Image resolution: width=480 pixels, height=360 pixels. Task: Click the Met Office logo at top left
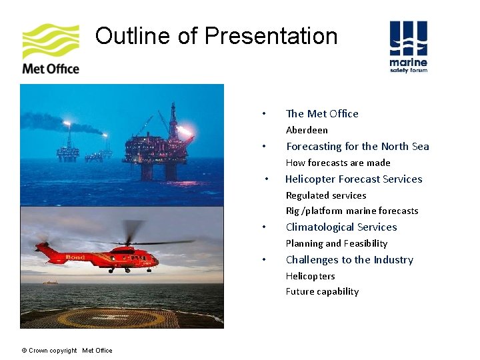point(51,49)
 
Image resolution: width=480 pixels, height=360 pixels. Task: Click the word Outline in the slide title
point(133,35)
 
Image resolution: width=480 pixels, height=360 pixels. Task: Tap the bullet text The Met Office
point(322,113)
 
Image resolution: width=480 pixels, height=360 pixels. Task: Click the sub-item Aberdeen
point(307,130)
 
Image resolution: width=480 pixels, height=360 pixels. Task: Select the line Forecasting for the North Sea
point(357,146)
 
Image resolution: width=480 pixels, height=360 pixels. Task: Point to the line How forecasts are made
point(338,163)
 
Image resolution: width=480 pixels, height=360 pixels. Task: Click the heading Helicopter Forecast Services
point(353,179)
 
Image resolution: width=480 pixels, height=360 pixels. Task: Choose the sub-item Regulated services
point(326,195)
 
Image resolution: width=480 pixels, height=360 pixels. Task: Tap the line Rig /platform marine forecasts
point(352,211)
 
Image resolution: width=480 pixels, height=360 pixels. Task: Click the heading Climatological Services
point(341,227)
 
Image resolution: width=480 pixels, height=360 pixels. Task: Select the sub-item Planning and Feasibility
point(337,243)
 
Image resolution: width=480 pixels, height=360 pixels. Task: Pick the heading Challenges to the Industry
point(349,259)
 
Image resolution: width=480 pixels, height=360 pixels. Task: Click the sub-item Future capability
point(322,291)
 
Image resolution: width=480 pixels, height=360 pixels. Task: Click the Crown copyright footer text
point(67,351)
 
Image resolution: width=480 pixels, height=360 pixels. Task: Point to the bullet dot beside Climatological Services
point(265,227)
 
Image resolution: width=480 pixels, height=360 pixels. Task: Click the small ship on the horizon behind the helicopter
point(50,282)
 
